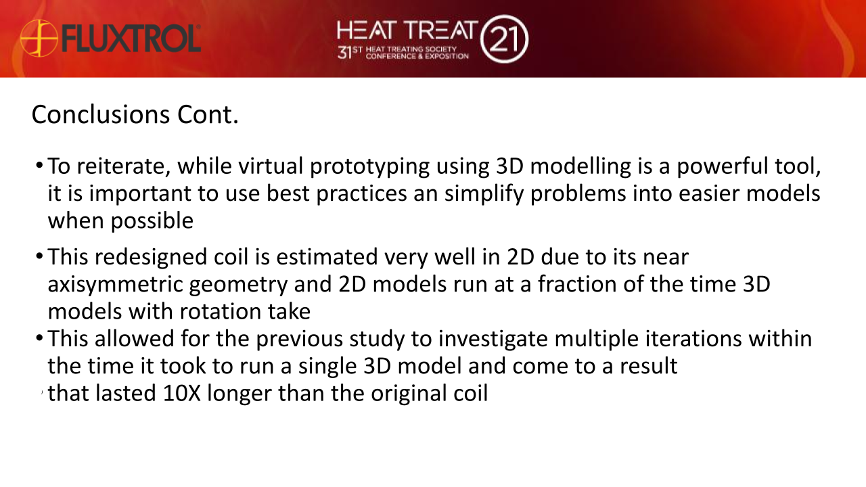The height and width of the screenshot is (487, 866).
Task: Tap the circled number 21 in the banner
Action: click(x=504, y=39)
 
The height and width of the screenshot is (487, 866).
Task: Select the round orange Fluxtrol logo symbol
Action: click(x=38, y=38)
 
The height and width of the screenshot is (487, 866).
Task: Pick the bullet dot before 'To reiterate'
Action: click(x=40, y=166)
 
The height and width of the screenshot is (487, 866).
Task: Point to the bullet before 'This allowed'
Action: click(x=40, y=336)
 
